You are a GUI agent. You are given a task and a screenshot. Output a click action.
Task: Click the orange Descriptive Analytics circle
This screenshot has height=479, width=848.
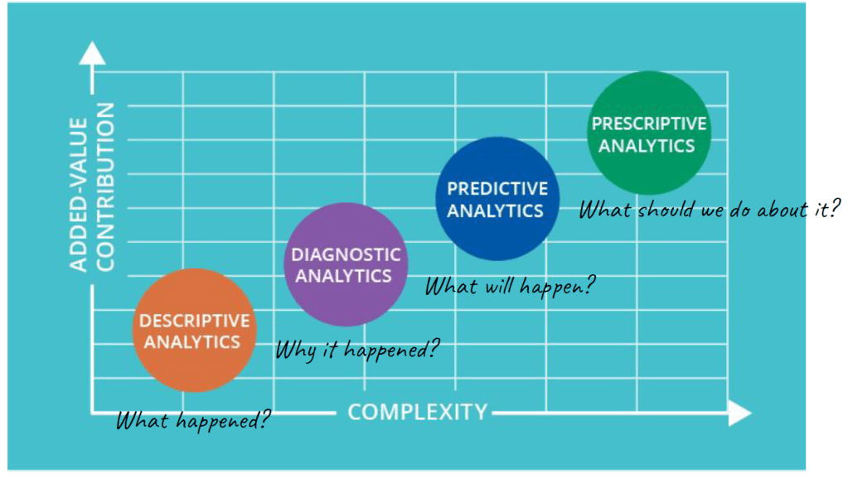coord(195,331)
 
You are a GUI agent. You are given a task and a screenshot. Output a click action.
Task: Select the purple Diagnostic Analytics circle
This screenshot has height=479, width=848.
coord(346,264)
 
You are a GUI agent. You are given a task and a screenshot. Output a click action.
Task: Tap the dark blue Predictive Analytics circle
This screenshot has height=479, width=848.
coord(497,198)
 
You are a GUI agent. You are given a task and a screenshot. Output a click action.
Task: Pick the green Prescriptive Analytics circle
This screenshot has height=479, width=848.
coord(649,133)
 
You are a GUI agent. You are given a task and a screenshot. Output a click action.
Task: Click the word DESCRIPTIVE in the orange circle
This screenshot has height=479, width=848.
coord(195,321)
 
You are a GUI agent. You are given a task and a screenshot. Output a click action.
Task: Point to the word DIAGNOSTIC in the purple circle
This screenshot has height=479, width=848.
coord(346,254)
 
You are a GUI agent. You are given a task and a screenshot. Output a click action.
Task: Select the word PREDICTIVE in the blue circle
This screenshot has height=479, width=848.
coord(497,189)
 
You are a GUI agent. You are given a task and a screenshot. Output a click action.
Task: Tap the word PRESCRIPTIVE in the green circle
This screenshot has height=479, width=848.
coord(649,123)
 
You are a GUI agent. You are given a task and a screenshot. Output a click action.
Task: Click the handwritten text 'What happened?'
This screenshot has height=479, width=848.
coord(193,420)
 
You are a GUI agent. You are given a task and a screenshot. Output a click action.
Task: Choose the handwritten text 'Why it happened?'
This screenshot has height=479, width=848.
coord(357,349)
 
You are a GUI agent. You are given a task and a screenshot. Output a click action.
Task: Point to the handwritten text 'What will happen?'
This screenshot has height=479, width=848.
coord(510,285)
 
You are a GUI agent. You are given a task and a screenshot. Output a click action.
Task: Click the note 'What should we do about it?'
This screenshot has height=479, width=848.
coord(710,209)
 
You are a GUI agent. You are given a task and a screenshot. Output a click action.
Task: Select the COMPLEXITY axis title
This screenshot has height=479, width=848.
coord(418,412)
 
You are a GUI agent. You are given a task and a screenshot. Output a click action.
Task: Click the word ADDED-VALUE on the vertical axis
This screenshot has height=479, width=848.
coord(79,194)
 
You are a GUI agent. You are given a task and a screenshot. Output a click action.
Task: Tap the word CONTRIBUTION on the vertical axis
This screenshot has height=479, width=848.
coord(105,187)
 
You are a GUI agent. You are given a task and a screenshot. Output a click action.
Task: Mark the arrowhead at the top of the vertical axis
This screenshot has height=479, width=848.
coord(93,53)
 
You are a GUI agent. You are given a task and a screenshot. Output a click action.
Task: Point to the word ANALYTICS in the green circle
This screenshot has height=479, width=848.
coord(647,146)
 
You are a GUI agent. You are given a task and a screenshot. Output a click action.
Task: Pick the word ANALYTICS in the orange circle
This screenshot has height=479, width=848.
coord(192,342)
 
